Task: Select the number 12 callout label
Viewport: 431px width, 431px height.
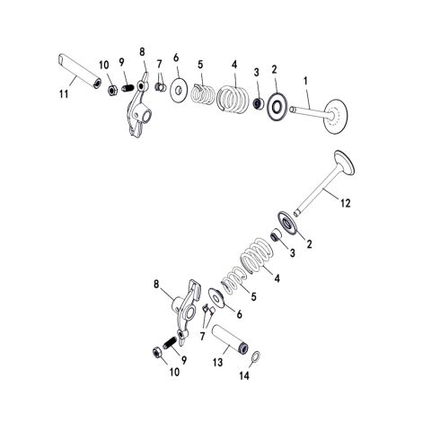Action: (x=345, y=204)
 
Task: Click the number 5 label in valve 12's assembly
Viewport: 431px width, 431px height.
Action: (x=254, y=296)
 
